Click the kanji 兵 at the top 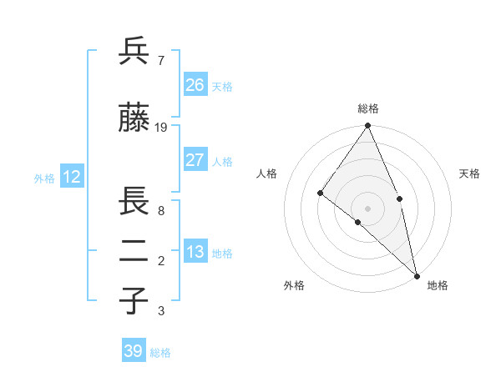[x=134, y=52]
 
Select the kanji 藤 [x=134, y=118]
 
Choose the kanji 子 [x=134, y=301]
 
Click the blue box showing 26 [x=195, y=84]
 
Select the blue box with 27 [x=195, y=159]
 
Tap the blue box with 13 [x=195, y=251]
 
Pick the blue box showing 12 [x=72, y=176]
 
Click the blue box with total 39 [x=134, y=351]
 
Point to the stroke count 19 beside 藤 [x=161, y=128]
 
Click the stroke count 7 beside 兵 [x=160, y=60]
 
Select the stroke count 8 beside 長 [x=160, y=211]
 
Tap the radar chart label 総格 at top [x=368, y=109]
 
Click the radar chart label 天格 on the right [x=469, y=173]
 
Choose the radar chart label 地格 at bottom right [x=438, y=285]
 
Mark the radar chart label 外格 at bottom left [x=294, y=285]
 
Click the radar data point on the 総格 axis [x=368, y=126]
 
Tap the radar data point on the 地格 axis [x=417, y=274]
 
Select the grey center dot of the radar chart [x=368, y=208]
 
